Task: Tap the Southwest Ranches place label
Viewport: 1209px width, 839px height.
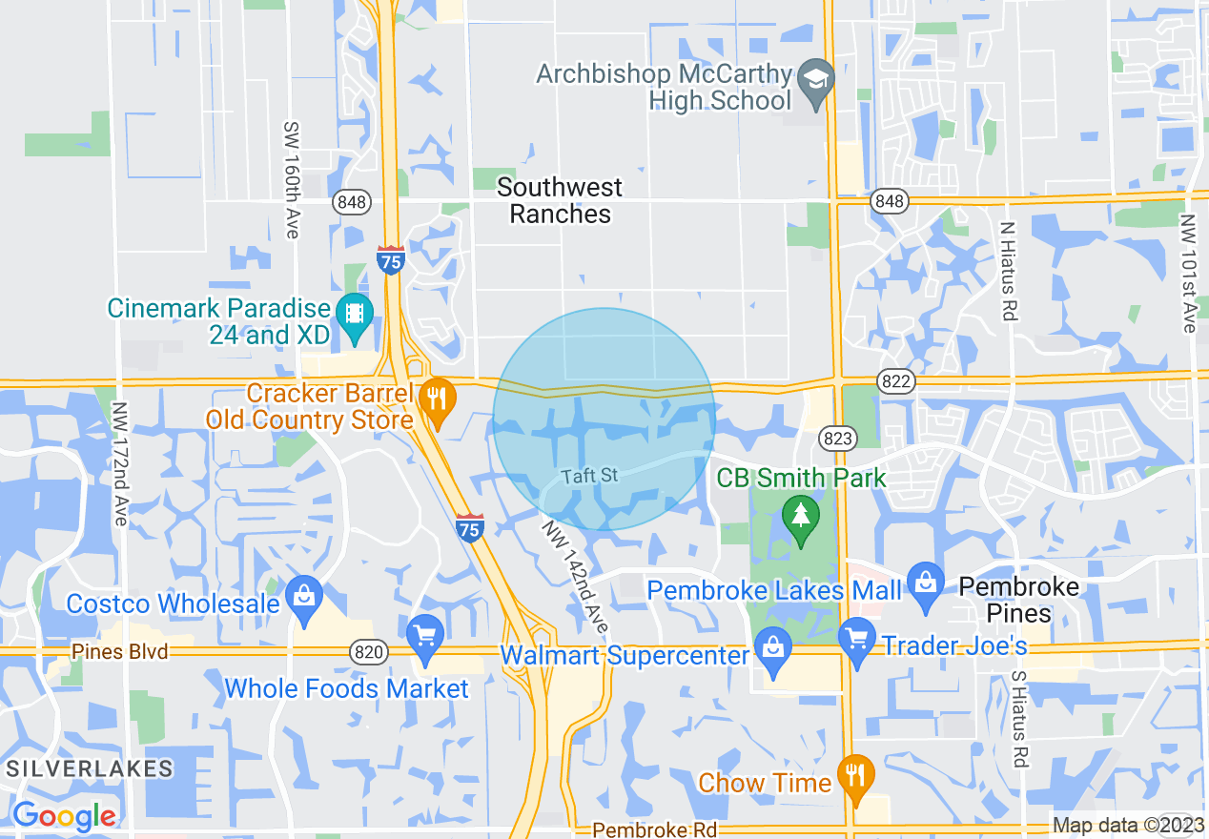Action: point(560,200)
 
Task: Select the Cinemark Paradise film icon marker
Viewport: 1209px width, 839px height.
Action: point(355,314)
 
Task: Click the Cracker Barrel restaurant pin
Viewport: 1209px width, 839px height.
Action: point(437,398)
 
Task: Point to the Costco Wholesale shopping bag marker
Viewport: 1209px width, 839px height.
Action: point(304,598)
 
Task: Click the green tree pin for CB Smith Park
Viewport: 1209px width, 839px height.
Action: point(800,516)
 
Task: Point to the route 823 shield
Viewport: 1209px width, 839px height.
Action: point(838,439)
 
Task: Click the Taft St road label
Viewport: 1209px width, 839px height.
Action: point(590,475)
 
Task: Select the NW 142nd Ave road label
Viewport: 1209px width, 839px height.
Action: point(574,577)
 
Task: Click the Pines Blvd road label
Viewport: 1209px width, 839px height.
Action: point(120,652)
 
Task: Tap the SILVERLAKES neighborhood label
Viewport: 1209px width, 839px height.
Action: point(90,768)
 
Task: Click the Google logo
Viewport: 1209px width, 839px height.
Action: point(65,817)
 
